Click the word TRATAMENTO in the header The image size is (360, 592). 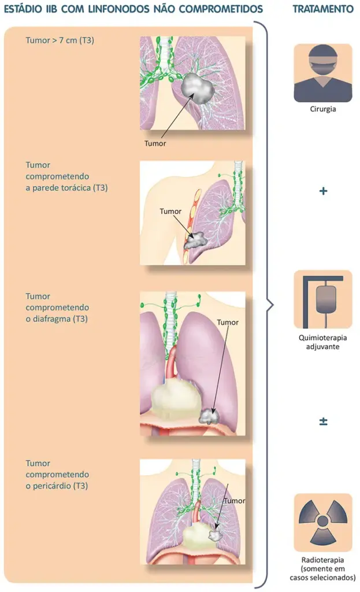[323, 10]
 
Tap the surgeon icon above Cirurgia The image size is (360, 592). [323, 73]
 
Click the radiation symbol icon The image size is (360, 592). [323, 522]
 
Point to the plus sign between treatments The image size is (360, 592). [323, 191]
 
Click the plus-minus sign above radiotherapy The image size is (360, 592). [323, 422]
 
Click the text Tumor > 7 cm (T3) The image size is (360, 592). [61, 40]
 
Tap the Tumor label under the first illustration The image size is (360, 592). [155, 143]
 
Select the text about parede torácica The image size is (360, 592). [66, 188]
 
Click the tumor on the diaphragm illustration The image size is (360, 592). [207, 415]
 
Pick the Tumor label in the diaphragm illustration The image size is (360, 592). [227, 322]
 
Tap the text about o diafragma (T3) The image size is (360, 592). [57, 319]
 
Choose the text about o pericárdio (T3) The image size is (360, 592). [57, 486]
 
